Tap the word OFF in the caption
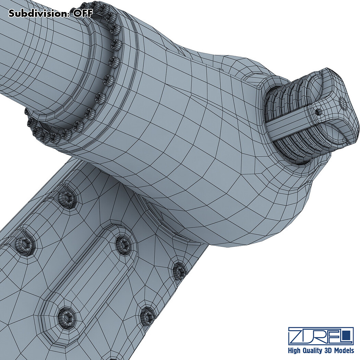pyautogui.click(x=83, y=14)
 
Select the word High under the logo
pyautogui.click(x=294, y=351)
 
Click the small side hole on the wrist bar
pyautogui.click(x=317, y=112)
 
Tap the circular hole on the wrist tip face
pyautogui.click(x=343, y=103)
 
